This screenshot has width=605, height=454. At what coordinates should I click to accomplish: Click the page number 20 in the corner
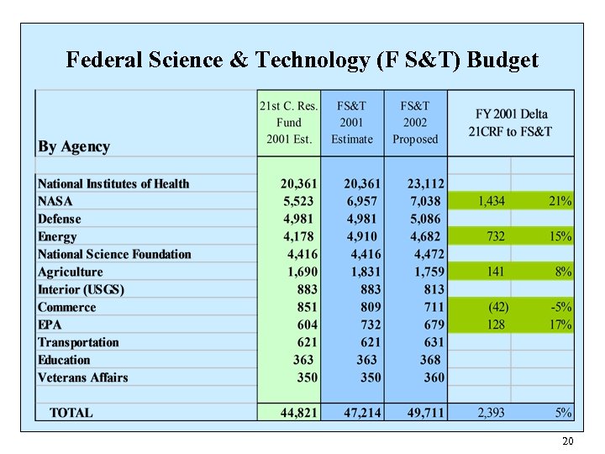pyautogui.click(x=567, y=441)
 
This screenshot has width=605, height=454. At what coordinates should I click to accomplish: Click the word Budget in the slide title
pyautogui.click(x=502, y=61)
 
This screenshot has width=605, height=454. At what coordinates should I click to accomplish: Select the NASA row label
pyautogui.click(x=55, y=201)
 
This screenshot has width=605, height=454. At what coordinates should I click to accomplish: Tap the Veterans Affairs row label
pyautogui.click(x=83, y=377)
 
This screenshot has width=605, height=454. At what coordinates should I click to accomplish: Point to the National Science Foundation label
pyautogui.click(x=114, y=254)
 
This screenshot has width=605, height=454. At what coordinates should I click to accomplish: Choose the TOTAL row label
pyautogui.click(x=71, y=413)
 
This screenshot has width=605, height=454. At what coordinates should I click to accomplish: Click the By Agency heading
pyautogui.click(x=74, y=146)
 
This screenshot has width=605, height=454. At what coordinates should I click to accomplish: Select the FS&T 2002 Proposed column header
pyautogui.click(x=415, y=122)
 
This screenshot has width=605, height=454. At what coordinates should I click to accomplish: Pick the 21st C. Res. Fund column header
pyautogui.click(x=288, y=122)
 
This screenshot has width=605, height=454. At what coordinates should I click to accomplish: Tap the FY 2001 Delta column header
pyautogui.click(x=511, y=122)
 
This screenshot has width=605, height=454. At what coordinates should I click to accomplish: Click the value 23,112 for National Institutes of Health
pyautogui.click(x=425, y=184)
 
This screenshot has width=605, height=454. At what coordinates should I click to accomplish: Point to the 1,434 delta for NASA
pyautogui.click(x=492, y=201)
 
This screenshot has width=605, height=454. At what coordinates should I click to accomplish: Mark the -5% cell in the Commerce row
pyautogui.click(x=560, y=307)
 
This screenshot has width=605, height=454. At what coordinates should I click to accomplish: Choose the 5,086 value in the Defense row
pyautogui.click(x=427, y=219)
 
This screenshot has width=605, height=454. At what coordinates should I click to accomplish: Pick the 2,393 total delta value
pyautogui.click(x=492, y=413)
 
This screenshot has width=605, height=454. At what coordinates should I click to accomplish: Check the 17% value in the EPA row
pyautogui.click(x=560, y=325)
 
